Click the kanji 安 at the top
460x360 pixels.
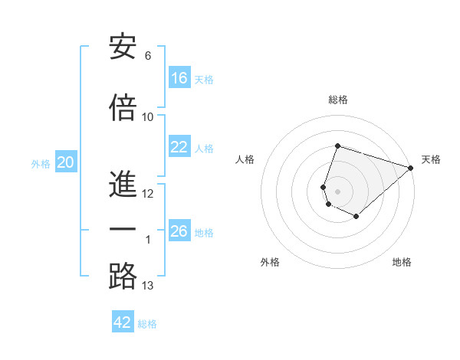click(x=123, y=47)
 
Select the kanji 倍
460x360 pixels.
click(x=123, y=109)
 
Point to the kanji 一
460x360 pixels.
click(x=123, y=230)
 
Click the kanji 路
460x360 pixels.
click(x=123, y=277)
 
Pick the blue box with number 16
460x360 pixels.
click(x=179, y=78)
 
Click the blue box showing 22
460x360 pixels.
click(x=179, y=147)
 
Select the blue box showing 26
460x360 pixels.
click(x=179, y=231)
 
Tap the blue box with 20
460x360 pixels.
click(x=66, y=162)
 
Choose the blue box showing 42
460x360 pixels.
click(x=123, y=322)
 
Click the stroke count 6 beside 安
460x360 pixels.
click(x=148, y=56)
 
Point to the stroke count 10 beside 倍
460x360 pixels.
click(x=148, y=117)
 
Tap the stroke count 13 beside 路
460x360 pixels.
click(x=148, y=286)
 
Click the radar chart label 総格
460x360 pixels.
click(x=337, y=100)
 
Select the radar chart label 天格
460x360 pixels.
click(x=431, y=159)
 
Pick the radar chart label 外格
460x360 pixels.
click(x=270, y=262)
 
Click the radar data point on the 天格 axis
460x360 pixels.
click(x=411, y=168)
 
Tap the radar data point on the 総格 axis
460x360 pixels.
click(x=337, y=146)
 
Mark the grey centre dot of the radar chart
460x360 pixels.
click(x=337, y=191)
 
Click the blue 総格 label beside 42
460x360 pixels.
click(x=147, y=324)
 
